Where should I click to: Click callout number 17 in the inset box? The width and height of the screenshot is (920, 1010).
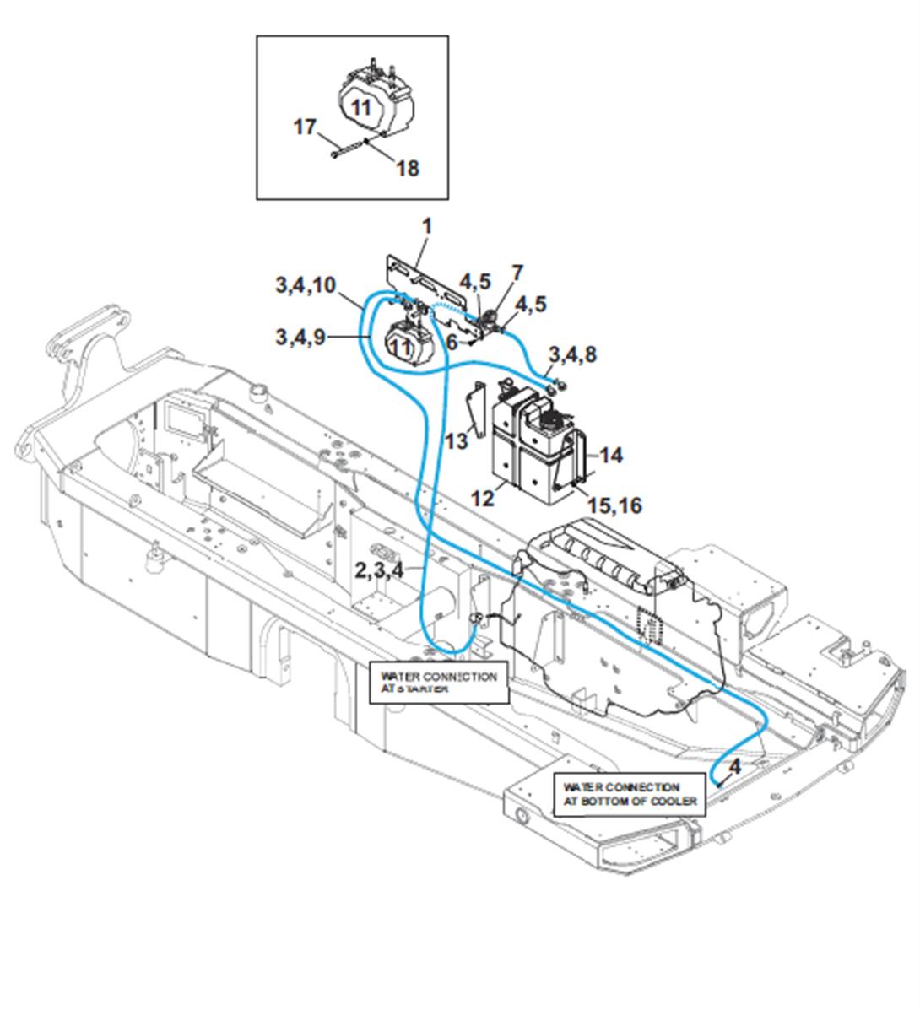305,128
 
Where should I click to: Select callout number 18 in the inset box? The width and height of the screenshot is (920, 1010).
407,168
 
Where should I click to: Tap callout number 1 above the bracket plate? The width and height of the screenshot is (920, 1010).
427,226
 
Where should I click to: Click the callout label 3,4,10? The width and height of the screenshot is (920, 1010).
305,285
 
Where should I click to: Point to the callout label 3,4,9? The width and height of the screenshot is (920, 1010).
299,337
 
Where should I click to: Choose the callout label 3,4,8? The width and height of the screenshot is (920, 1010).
572,354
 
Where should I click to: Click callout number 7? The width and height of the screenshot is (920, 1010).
517,273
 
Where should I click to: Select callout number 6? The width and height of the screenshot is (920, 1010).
452,342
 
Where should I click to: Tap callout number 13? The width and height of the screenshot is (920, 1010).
457,440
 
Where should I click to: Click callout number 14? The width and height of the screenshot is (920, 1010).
610,455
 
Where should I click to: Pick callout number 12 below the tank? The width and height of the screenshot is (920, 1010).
482,498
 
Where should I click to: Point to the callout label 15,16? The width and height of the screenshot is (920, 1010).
614,505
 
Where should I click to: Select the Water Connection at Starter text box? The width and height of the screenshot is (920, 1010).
439,682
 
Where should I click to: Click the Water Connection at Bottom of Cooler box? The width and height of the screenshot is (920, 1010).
630,794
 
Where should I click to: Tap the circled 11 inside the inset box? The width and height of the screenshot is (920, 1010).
360,108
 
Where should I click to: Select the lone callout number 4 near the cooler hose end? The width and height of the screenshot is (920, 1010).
735,766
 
